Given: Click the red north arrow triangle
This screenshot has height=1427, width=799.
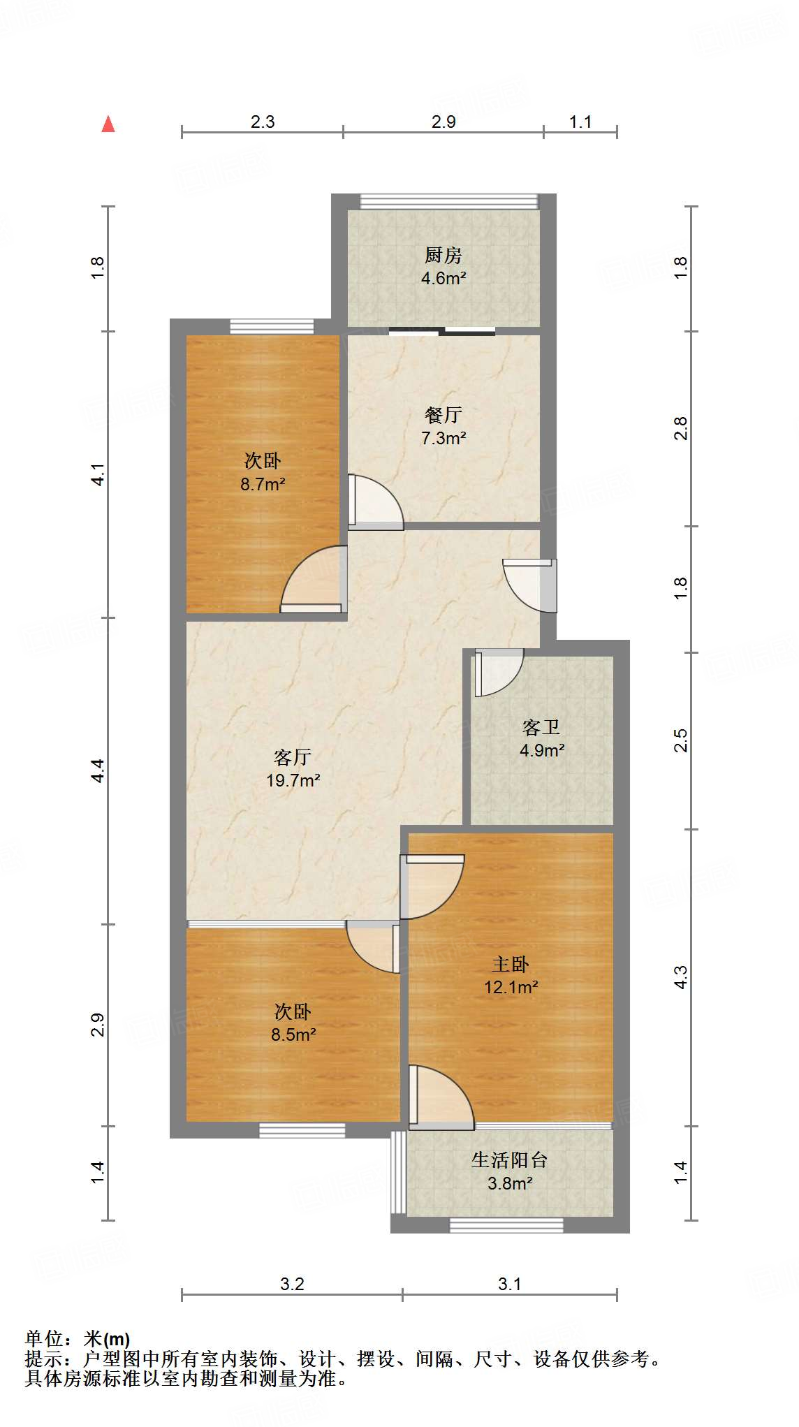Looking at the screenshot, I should point(108,124).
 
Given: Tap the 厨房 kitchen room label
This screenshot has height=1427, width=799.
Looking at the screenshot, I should point(444,256).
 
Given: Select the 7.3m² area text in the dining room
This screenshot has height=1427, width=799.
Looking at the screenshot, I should point(444,439).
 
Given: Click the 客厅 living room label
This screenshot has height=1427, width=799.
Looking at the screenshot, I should point(293,757).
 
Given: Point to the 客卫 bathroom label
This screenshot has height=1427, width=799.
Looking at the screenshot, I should point(541,728).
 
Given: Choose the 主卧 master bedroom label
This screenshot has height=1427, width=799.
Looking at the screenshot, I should point(511,965).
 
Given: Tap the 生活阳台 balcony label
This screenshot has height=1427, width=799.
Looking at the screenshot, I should point(509,1160).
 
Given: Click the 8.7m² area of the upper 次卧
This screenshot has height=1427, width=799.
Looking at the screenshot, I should point(263,484).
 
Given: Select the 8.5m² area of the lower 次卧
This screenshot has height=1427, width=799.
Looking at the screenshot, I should point(293,1034).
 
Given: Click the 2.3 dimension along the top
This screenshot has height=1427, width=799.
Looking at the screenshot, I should point(263,122).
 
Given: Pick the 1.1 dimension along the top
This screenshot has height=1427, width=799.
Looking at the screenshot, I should point(580,122).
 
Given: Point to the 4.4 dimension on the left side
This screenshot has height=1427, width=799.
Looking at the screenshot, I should point(98,770).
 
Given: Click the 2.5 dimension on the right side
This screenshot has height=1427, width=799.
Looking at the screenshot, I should point(681,740).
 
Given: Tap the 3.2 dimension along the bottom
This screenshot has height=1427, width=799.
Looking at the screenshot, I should point(292,1284).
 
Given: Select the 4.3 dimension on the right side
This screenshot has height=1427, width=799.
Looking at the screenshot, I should point(681,977).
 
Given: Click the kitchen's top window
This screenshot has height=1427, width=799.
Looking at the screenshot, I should point(449,202).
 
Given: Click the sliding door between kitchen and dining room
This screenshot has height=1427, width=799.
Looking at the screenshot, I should point(442,331).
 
